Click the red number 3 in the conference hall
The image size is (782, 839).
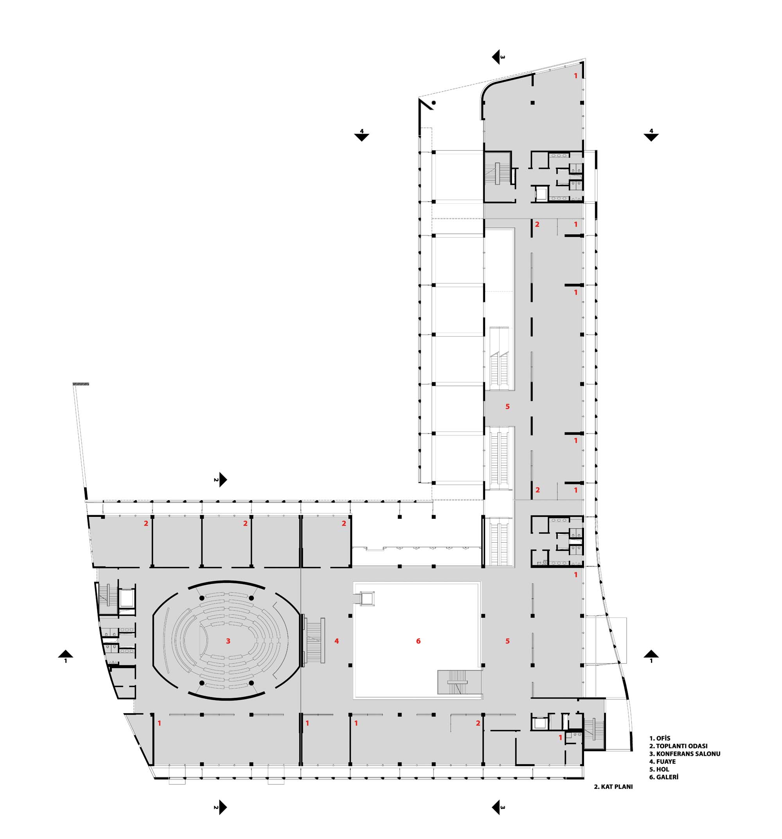[x=228, y=641]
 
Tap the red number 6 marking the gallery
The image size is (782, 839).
[x=418, y=641]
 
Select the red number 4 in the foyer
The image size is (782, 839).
[x=336, y=641]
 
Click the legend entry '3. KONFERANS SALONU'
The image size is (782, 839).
[x=685, y=754]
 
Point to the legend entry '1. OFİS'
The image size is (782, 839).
[x=660, y=739]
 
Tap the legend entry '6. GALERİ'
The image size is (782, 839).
[x=664, y=777]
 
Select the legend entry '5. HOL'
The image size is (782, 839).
[x=659, y=769]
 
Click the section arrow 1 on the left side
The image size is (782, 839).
[x=65, y=654]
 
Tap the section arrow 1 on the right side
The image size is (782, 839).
[x=651, y=654]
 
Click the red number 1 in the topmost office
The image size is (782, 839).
[x=576, y=76]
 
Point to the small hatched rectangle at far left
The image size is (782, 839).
[x=81, y=384]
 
